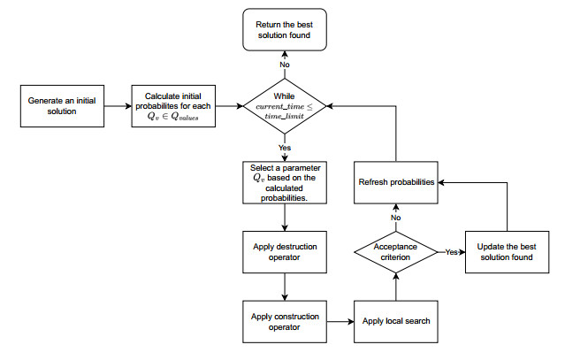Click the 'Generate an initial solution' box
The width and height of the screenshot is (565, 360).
pos(62,106)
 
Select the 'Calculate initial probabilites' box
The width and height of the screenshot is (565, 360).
pos(174,106)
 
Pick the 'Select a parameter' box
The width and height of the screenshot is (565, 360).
pos(284,182)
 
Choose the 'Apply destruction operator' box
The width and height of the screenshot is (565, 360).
pos(284,251)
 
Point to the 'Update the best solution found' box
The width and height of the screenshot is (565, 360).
pos(504,251)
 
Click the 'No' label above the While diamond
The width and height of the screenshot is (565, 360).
pos(284,64)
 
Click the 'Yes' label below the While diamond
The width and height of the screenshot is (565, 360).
pos(284,149)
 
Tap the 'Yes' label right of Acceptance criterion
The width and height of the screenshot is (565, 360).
pos(450,252)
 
